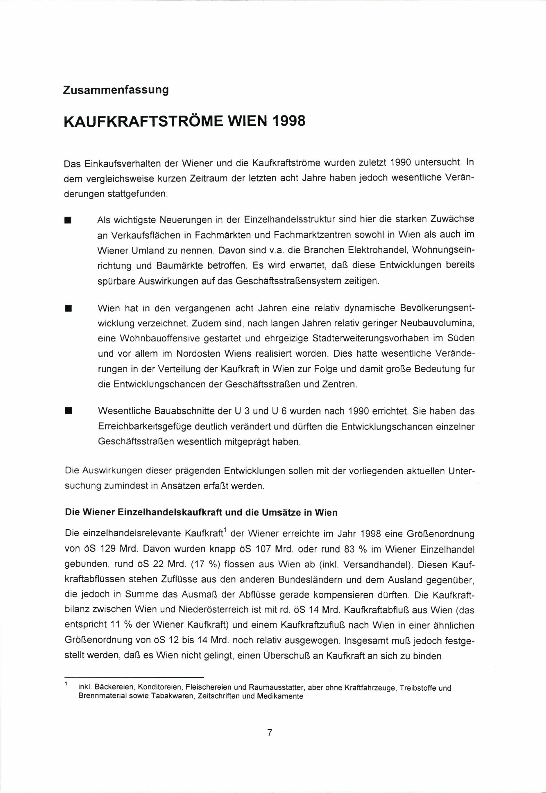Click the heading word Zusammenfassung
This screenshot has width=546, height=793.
click(116, 90)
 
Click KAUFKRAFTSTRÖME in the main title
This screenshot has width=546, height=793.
click(143, 122)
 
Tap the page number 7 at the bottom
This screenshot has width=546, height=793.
click(270, 733)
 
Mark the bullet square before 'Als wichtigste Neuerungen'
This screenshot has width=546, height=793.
click(68, 221)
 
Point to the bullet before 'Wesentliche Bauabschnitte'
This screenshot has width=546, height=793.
click(68, 411)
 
